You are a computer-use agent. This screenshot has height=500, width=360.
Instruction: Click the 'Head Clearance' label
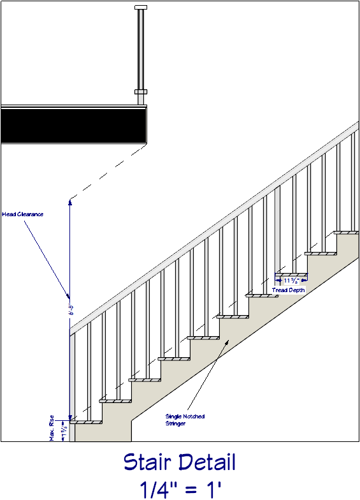(22, 214)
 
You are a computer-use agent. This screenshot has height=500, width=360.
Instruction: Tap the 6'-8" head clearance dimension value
(71, 309)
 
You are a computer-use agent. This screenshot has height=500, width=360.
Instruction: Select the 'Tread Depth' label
(289, 290)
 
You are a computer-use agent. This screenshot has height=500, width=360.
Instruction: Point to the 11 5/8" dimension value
(291, 280)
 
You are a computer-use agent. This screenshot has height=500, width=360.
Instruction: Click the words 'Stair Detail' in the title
(179, 462)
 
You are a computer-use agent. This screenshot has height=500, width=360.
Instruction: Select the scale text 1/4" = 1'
(180, 489)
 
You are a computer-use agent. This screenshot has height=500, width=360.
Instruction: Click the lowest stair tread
(86, 422)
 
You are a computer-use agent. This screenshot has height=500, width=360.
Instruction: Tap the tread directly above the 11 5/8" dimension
(292, 274)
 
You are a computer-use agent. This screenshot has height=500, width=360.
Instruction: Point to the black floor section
(73, 126)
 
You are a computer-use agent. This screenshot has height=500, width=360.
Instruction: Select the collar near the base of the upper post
(141, 92)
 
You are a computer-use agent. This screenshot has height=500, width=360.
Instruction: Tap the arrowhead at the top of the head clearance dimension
(70, 202)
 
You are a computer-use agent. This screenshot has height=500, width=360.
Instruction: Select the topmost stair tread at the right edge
(346, 232)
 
